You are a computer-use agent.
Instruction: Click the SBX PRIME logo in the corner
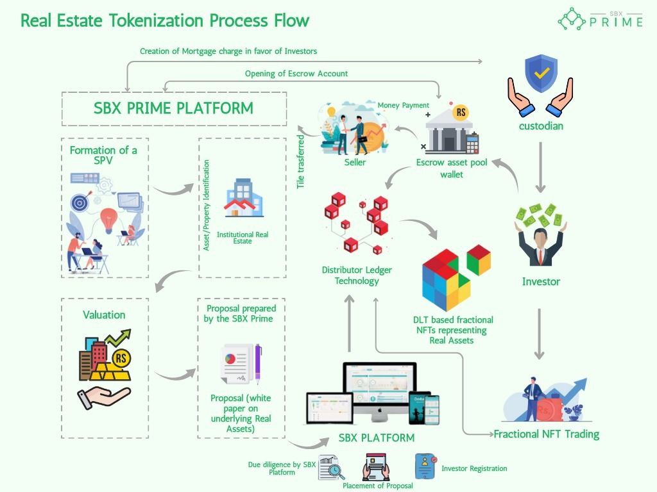coord(600,19)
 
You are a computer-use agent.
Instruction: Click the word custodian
coord(541,126)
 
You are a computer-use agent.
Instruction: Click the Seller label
coord(355,162)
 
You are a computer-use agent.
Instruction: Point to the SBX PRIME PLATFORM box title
coord(173,108)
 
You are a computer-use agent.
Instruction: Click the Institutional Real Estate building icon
coord(243,199)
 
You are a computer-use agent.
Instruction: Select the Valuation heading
coord(104,315)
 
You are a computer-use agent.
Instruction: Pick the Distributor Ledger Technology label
coord(357,275)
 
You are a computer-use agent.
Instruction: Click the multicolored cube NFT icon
coord(455,276)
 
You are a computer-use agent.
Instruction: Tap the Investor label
coord(541,281)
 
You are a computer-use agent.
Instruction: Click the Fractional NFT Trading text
coord(546,434)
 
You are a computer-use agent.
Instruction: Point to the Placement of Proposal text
coord(378,486)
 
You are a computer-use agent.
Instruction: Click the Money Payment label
coord(403,105)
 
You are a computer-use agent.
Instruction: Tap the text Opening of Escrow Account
coord(296,74)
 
